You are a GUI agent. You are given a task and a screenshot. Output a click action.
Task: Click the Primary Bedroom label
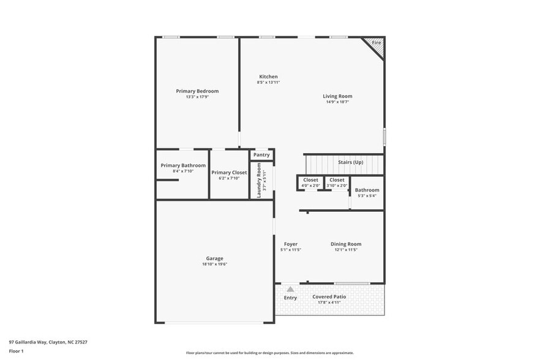(x=197, y=91)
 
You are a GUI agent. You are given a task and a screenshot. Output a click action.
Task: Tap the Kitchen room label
(x=268, y=77)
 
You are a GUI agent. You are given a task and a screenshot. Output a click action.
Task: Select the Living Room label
(x=337, y=96)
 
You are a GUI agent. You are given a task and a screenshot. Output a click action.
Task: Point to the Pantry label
(x=261, y=155)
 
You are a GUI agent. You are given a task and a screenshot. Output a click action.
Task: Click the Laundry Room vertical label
(x=259, y=180)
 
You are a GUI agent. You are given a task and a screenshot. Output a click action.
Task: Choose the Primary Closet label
(x=229, y=173)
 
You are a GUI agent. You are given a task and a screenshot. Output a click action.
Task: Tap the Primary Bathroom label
(x=183, y=165)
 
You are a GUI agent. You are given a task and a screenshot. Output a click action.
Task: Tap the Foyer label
(x=290, y=244)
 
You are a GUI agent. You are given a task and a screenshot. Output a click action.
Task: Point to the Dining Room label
(x=346, y=244)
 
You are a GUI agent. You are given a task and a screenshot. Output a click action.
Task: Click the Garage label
(x=214, y=258)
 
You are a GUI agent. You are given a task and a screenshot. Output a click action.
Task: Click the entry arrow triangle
(x=290, y=288)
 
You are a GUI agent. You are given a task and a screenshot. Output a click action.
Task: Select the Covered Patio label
(x=329, y=297)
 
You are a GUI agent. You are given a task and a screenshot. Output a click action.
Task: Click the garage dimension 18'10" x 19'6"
(x=214, y=264)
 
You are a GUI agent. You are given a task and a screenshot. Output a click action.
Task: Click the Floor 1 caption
(x=16, y=351)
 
